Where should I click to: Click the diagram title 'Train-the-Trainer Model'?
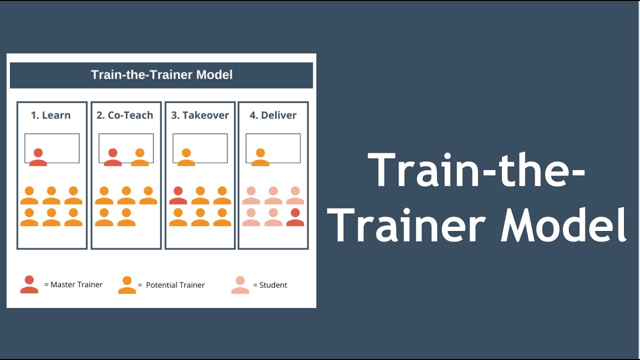pos(161,75)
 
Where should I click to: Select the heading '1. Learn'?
pos(50,115)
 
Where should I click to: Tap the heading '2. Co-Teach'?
pos(124,115)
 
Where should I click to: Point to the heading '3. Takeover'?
pos(199,115)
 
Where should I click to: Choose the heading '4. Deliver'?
pos(272,115)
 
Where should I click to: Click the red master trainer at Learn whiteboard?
pos(38,157)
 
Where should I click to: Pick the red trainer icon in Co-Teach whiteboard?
pos(112,157)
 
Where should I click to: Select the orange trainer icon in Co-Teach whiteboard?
pos(139,157)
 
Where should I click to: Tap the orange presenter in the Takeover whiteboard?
pos(186,157)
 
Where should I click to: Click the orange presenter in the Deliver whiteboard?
pos(259,157)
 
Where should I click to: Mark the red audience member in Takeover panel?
pos(178,195)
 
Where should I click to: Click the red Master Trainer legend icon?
pos(29,284)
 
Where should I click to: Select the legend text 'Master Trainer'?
pos(76,284)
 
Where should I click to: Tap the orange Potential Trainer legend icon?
pos(127,285)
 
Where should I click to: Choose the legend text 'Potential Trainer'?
pos(175,285)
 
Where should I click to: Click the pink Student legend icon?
pos(240,285)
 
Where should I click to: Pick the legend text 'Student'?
pos(273,285)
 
